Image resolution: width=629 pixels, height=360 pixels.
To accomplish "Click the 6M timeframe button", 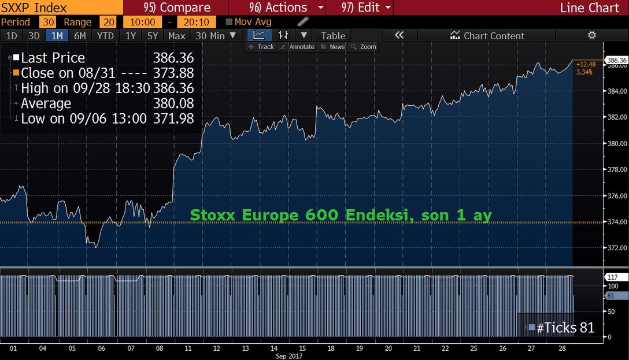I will [x=80, y=35].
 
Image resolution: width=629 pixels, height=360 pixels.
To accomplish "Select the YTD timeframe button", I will [x=105, y=35].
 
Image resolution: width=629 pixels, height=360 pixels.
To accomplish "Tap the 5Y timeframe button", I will [x=152, y=35].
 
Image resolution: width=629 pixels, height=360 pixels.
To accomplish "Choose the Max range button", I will [x=177, y=35].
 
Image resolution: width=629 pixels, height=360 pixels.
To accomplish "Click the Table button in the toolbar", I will [x=333, y=35].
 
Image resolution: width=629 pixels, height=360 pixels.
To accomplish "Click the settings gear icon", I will [x=591, y=35].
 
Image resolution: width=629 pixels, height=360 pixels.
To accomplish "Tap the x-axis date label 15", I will [x=302, y=348].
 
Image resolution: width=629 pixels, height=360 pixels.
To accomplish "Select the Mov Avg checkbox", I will [x=229, y=22].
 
